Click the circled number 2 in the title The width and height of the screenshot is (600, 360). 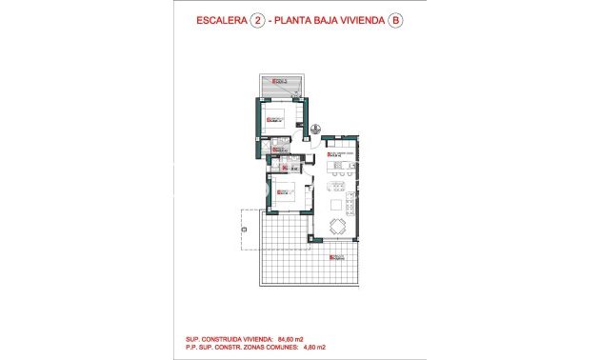click(x=256, y=27)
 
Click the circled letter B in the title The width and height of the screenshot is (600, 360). click(x=395, y=27)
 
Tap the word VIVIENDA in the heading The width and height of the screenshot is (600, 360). click(x=358, y=27)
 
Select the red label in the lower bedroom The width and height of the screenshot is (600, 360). click(x=284, y=193)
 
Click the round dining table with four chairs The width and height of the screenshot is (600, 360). click(x=339, y=225)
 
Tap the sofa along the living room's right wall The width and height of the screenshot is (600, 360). click(x=350, y=203)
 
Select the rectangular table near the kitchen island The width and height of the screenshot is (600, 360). click(x=342, y=181)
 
